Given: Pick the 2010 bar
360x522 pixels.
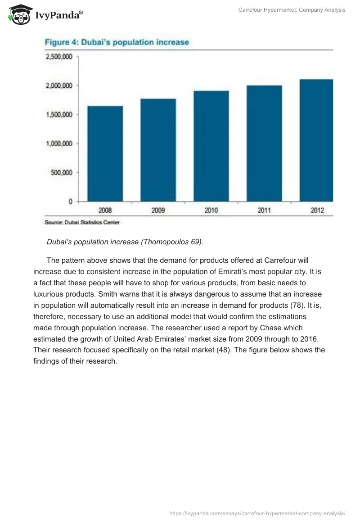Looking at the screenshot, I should point(211,146).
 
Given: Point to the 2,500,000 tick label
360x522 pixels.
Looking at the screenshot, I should point(58,57).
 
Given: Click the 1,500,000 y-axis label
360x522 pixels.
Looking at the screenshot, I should point(58,115).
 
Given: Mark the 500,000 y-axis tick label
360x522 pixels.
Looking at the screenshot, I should point(61,172).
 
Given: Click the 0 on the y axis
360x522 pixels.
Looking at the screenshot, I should point(70,202).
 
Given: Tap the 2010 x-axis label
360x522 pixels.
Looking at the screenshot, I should point(211,210).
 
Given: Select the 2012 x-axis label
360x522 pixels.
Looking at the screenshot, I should point(317,210).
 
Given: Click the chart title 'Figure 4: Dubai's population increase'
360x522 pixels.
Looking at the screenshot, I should point(116,42).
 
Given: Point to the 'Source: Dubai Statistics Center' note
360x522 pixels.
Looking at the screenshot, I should point(82,222).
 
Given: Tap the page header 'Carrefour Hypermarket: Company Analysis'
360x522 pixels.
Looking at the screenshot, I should point(292,10).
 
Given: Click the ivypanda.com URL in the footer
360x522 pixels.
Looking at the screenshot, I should point(257,513).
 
